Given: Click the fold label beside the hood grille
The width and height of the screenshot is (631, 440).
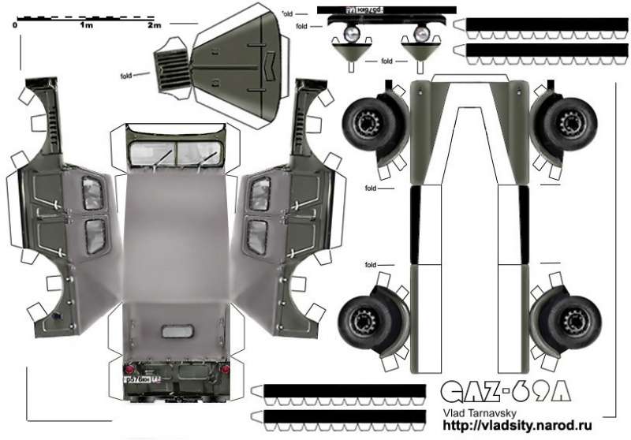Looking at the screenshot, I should (x=126, y=76).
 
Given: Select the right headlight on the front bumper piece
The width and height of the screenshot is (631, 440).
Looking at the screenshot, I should (x=420, y=34).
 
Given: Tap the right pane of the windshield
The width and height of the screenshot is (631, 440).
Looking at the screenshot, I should (x=197, y=154).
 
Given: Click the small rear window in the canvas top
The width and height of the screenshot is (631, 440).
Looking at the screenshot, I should (x=175, y=332).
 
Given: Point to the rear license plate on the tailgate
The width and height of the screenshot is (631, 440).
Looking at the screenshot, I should (x=139, y=379).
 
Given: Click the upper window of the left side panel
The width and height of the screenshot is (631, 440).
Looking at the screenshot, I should (x=93, y=193).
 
